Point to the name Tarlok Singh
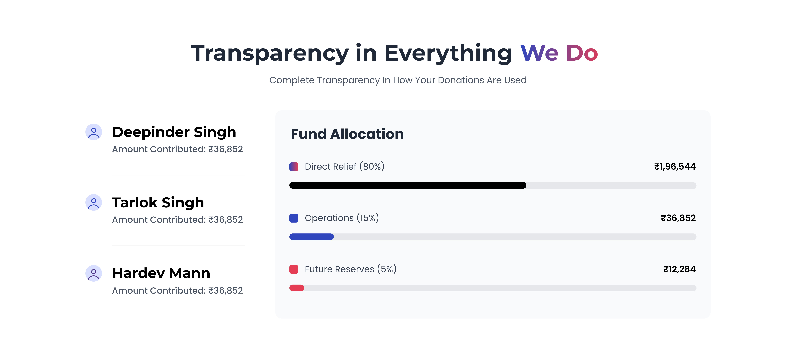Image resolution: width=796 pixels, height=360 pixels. coord(158,203)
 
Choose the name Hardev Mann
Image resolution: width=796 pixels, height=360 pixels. coord(161,273)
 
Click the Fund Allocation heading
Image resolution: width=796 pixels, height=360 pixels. coord(347,134)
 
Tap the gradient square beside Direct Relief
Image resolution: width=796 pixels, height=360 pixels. coord(294,167)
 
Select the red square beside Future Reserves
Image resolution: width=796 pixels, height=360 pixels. coord(294,269)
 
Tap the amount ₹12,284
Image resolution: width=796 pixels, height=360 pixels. coord(679,269)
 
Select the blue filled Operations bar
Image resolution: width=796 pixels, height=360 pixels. coord(311,237)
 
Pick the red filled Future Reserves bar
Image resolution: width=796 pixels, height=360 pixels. coord(297,288)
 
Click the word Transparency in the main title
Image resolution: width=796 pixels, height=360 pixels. coord(269,53)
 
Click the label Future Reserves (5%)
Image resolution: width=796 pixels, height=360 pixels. coord(350,269)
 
